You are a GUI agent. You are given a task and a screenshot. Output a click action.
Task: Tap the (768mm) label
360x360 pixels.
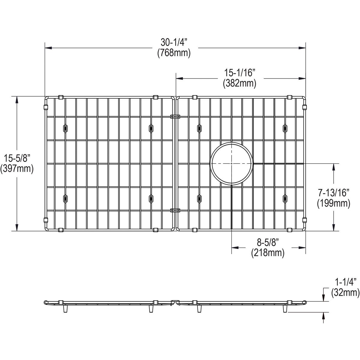(174, 53)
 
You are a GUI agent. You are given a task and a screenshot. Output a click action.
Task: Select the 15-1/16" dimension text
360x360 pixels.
(239, 73)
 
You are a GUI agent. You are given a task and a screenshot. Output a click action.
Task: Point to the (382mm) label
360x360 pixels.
(239, 83)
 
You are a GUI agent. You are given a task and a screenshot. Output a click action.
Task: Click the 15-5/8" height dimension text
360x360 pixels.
(17, 158)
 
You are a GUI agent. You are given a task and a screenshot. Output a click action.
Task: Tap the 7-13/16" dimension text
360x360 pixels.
(334, 192)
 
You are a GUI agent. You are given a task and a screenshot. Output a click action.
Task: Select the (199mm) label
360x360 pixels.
(334, 203)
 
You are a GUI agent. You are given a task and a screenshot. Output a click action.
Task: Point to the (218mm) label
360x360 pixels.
(268, 253)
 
